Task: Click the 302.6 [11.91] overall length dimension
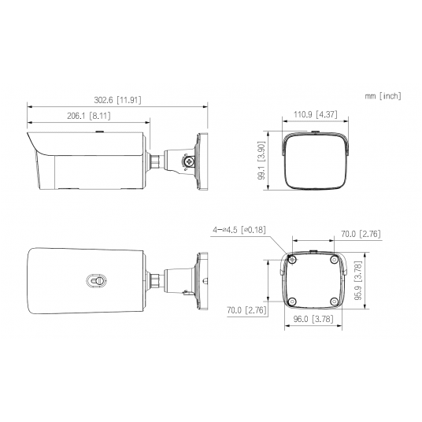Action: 117,100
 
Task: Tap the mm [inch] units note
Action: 383,96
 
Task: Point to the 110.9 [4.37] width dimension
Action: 315,115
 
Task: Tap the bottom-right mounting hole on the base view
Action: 335,300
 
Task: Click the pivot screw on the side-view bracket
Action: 189,161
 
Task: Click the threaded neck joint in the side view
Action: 157,161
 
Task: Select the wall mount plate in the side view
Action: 202,161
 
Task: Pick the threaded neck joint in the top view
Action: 157,279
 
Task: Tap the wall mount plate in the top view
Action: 202,279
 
